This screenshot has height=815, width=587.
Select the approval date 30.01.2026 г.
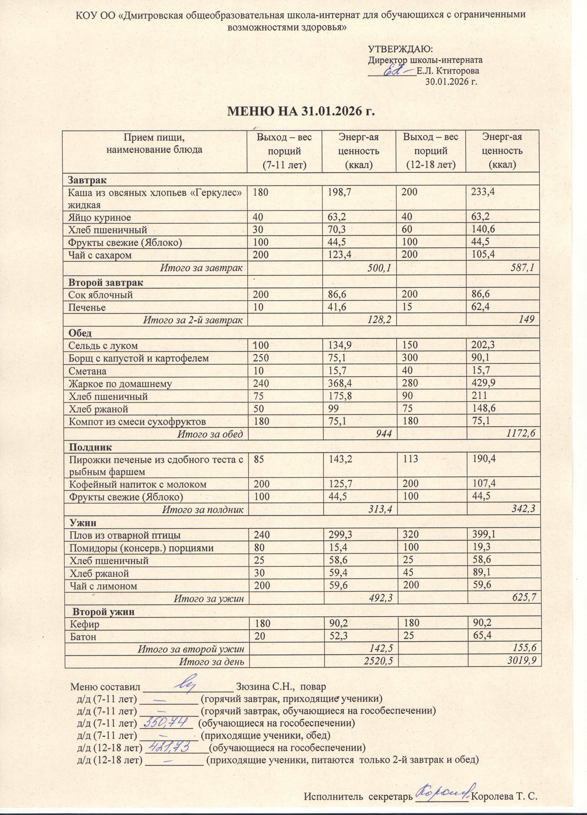click(x=451, y=81)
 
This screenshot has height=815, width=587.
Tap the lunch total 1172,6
click(x=521, y=434)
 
